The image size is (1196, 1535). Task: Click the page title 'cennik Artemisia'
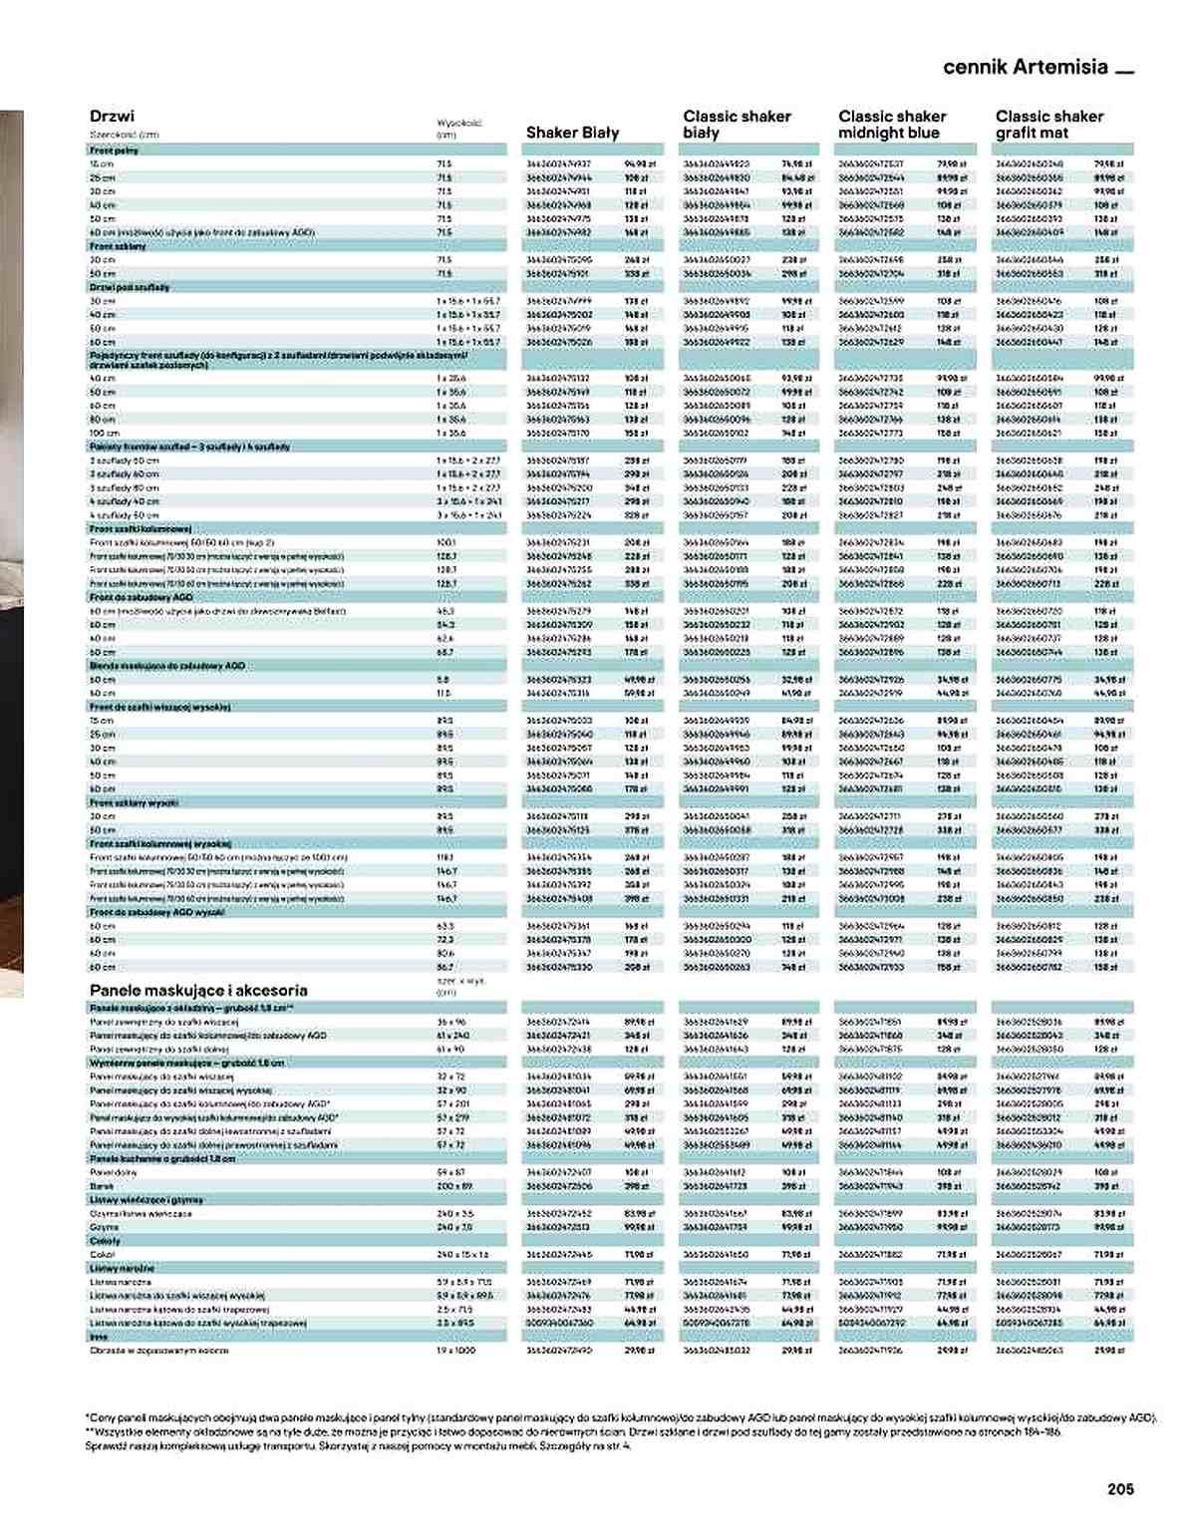pyautogui.click(x=1026, y=67)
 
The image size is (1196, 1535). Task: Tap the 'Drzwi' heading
pyautogui.click(x=112, y=116)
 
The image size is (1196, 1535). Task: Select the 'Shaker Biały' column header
pyautogui.click(x=572, y=133)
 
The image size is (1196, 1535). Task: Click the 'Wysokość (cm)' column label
pyautogui.click(x=457, y=129)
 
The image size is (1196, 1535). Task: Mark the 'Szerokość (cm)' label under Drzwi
pyautogui.click(x=125, y=134)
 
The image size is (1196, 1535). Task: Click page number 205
pyautogui.click(x=1120, y=1489)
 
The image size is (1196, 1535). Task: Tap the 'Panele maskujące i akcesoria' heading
pyautogui.click(x=198, y=990)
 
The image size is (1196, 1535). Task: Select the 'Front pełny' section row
pyautogui.click(x=115, y=150)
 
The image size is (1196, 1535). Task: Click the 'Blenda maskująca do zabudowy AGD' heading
pyautogui.click(x=166, y=665)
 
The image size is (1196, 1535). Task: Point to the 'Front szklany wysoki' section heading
pyautogui.click(x=134, y=802)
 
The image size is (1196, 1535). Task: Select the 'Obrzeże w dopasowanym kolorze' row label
pyautogui.click(x=158, y=1350)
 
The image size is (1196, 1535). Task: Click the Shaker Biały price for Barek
pyautogui.click(x=637, y=1186)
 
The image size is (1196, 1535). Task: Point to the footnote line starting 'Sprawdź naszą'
pyautogui.click(x=359, y=1445)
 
